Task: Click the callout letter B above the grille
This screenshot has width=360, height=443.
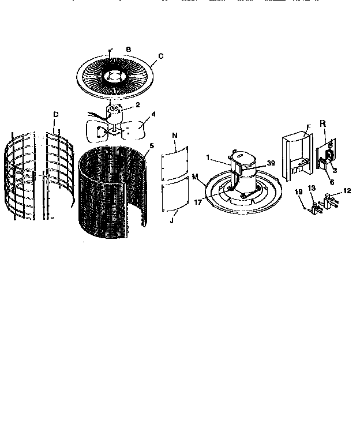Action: [x=128, y=50]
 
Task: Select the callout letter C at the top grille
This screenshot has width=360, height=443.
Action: [x=160, y=56]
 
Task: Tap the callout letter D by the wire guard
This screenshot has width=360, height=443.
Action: [x=55, y=115]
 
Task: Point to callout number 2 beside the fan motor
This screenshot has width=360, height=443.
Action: [x=138, y=104]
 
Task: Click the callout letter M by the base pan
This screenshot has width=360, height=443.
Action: [x=195, y=175]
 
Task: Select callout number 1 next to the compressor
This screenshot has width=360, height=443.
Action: [x=208, y=157]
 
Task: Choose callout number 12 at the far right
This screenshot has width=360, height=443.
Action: [x=347, y=190]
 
